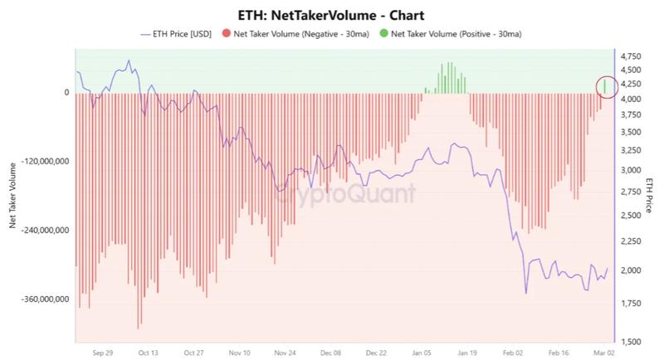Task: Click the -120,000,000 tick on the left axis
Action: [39, 161]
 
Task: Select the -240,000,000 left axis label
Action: [39, 230]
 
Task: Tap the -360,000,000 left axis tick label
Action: [39, 299]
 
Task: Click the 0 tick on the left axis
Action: [66, 92]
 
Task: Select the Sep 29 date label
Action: [103, 352]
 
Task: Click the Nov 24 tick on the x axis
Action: [285, 352]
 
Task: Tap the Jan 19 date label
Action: [466, 352]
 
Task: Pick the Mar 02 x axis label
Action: [603, 352]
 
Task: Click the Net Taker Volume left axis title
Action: [11, 196]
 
